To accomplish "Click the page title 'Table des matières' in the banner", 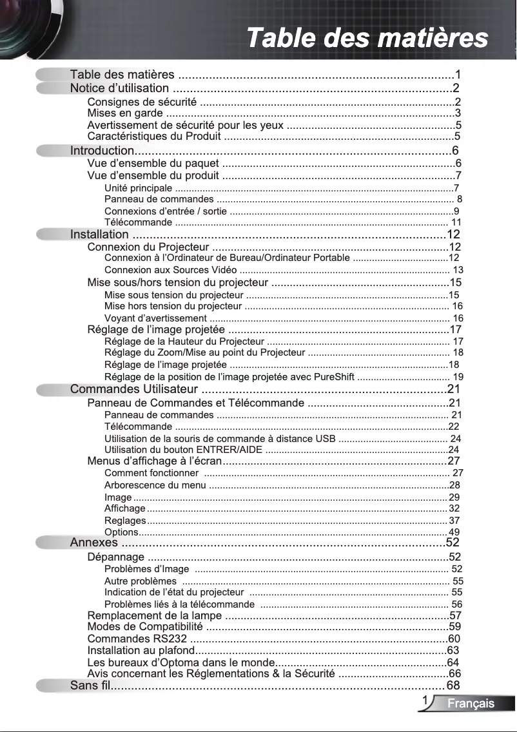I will point(367,37).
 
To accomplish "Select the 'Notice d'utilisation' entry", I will point(119,88).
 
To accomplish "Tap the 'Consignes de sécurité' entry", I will point(142,102).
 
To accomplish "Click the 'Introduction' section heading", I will point(102,151).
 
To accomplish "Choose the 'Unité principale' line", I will point(138,188).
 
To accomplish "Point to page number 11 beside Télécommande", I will point(456,222).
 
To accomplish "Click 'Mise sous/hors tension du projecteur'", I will point(177,282).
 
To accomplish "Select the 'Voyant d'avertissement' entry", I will point(155,318).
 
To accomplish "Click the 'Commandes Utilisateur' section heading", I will point(133,389).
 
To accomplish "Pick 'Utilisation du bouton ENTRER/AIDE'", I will point(183,449).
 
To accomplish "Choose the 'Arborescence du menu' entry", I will point(155,485).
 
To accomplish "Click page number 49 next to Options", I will point(454,532).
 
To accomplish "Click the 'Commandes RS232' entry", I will point(137,639).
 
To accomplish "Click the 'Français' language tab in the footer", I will point(471,704).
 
